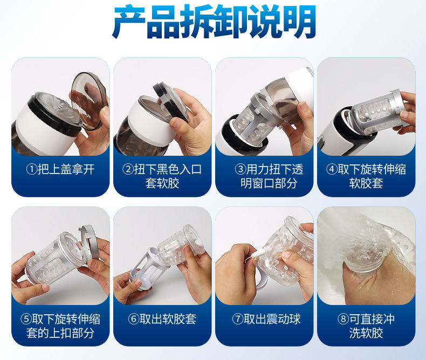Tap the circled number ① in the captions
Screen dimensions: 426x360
(31, 169)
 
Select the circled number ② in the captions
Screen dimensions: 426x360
(128, 169)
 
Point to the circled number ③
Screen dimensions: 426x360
(241, 169)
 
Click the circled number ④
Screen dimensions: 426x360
(332, 169)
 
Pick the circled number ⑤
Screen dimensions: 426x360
(26, 319)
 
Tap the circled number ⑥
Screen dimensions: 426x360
(134, 319)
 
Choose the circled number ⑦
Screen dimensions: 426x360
(238, 319)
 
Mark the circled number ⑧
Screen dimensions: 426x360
(343, 319)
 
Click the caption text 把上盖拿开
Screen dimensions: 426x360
(66, 169)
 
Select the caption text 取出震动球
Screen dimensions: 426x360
(272, 319)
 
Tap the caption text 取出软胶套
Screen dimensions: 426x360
(168, 319)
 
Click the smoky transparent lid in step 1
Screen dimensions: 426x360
(89, 100)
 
